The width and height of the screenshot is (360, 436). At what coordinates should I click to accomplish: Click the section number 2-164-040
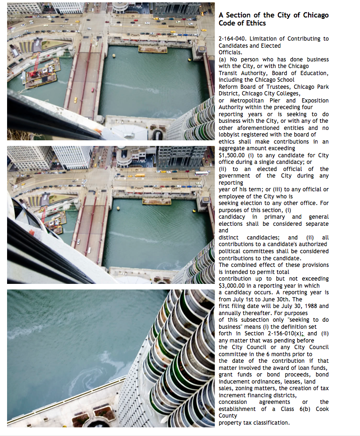click(233, 39)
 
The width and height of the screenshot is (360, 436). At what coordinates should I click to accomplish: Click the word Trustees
click(277, 87)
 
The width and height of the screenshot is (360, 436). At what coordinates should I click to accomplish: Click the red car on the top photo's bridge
click(93, 89)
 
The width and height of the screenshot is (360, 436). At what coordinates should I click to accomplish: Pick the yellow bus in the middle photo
click(140, 175)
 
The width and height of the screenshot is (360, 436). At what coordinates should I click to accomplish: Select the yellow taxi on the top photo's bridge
click(75, 100)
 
